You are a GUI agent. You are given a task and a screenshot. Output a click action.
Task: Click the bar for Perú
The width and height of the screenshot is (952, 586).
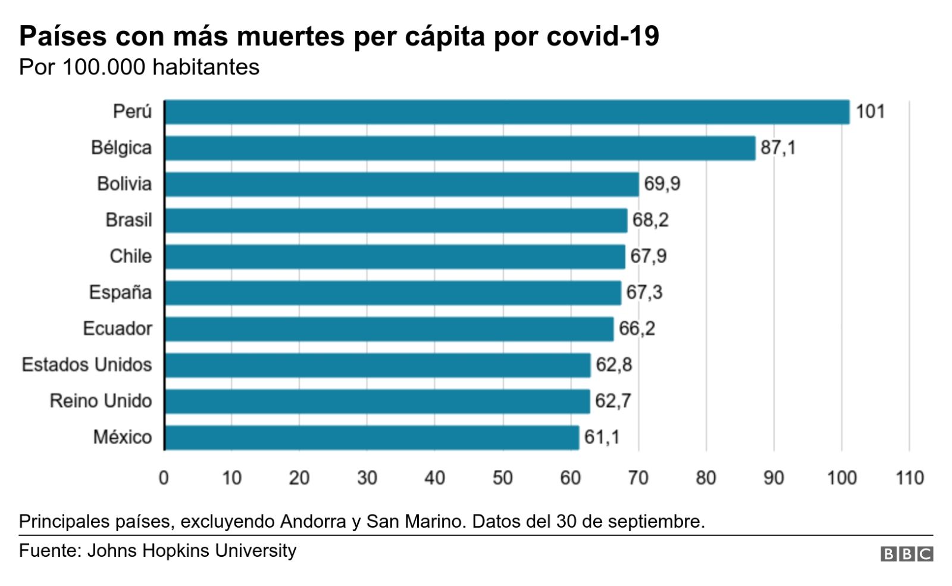507,112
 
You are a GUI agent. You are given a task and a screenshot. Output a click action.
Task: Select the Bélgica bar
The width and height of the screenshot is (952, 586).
460,148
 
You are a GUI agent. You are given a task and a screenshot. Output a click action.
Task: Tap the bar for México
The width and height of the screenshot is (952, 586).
372,438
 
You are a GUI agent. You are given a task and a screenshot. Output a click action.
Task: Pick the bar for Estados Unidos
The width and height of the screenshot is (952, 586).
378,365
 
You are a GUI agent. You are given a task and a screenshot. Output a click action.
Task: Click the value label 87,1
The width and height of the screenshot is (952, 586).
778,148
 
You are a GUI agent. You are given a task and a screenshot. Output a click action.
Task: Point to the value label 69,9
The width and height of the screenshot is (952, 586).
662,184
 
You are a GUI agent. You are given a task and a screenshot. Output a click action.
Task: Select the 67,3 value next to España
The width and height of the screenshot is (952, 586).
644,292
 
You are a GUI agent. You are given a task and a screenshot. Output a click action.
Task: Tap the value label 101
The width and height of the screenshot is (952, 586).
870,111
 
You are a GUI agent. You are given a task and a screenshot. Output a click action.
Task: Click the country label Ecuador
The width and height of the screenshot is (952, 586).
117,329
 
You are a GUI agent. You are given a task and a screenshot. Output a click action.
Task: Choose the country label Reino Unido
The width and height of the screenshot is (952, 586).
101,401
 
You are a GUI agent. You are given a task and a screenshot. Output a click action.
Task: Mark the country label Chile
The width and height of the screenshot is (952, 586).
130,256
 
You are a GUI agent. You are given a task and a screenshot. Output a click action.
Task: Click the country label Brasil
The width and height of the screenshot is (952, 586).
129,220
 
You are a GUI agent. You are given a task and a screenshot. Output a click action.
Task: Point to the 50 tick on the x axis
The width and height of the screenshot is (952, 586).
503,478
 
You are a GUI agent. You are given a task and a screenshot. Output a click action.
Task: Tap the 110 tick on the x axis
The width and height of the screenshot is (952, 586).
909,478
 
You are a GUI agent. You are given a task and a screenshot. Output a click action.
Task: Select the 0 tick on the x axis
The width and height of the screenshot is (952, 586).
164,478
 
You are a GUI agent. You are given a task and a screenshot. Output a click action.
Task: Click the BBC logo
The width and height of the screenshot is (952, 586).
906,554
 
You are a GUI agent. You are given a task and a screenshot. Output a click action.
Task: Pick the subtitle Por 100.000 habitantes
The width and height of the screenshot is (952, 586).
139,67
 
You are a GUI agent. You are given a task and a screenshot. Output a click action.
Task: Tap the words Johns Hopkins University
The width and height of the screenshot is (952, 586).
192,550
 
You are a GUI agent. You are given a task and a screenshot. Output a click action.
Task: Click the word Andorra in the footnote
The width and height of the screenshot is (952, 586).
313,522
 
